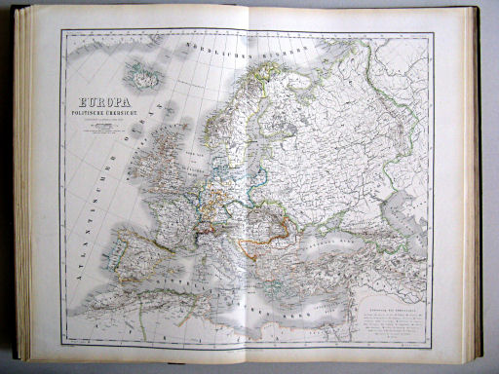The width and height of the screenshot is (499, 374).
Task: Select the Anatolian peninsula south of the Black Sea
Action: click(341, 282)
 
